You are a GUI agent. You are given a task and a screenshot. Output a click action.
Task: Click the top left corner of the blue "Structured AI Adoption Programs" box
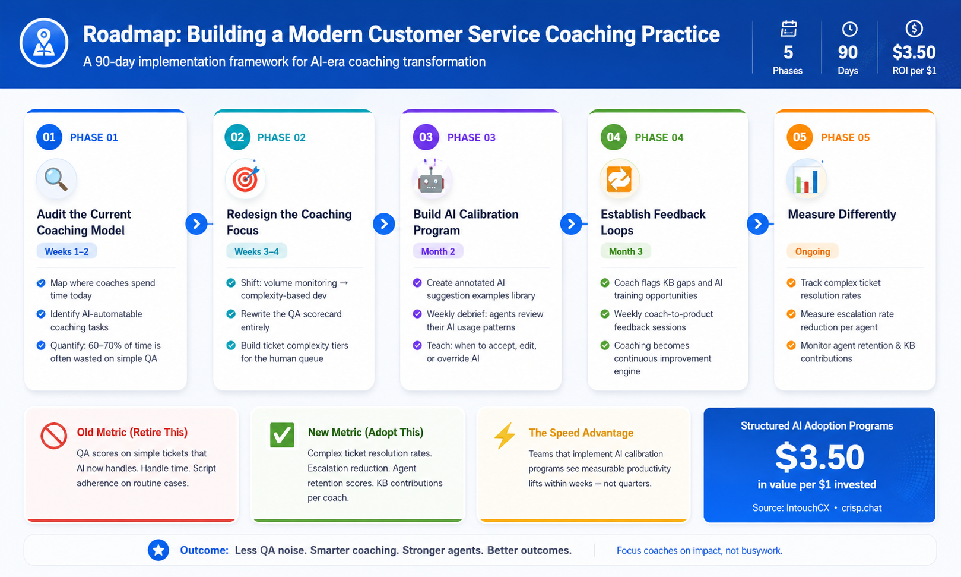click(704, 408)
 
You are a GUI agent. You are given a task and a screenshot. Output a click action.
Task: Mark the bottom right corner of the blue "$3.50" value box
click(935, 522)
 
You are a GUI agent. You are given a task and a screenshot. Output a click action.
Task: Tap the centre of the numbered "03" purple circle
click(426, 137)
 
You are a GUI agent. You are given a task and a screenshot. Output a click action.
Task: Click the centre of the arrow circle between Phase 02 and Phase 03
click(384, 224)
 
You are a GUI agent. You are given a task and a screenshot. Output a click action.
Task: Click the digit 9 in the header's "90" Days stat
click(843, 52)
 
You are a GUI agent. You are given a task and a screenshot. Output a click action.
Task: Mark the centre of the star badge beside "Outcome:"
click(158, 550)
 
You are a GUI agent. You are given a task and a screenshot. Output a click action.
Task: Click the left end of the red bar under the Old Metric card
click(27, 521)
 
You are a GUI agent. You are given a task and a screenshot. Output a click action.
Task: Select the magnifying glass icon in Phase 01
click(56, 179)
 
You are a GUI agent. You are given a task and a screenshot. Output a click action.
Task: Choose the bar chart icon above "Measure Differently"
click(807, 179)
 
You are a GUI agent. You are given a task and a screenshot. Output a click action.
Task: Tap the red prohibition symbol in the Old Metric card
click(53, 436)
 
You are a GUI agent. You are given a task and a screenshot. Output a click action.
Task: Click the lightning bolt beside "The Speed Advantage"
click(505, 436)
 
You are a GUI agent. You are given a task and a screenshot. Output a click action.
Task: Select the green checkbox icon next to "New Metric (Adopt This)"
click(282, 435)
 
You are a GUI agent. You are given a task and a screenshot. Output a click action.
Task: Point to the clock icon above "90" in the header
click(849, 29)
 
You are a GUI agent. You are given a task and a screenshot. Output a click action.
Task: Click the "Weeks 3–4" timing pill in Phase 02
click(256, 251)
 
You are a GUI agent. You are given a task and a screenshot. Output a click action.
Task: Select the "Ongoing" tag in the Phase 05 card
click(813, 251)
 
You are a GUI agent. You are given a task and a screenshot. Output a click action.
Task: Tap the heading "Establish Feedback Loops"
click(653, 222)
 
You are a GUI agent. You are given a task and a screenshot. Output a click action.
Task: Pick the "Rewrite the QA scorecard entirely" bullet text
click(291, 320)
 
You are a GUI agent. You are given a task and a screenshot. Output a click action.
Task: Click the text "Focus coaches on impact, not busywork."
click(699, 550)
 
